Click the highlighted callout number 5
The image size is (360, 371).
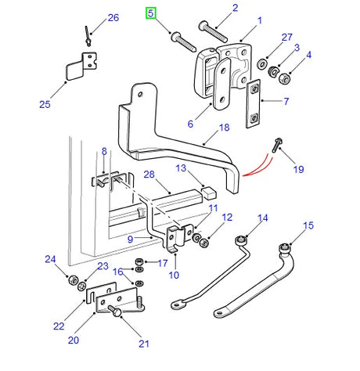click(150, 13)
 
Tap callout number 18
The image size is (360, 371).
click(224, 128)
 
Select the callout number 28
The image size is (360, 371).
click(149, 175)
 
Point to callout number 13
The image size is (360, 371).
click(181, 168)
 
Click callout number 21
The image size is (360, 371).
click(144, 344)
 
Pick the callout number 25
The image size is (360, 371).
click(45, 104)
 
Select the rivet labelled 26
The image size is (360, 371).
click(88, 36)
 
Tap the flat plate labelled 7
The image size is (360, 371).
click(253, 104)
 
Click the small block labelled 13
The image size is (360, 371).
click(210, 193)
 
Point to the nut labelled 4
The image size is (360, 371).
click(283, 78)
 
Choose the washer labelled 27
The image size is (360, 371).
click(261, 64)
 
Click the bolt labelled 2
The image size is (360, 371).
click(213, 32)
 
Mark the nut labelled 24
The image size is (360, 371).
click(73, 280)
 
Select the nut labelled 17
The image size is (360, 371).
click(139, 261)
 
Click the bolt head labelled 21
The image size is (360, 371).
click(115, 311)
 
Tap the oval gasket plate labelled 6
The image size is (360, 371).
click(222, 84)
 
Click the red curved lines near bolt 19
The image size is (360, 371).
click(257, 166)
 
